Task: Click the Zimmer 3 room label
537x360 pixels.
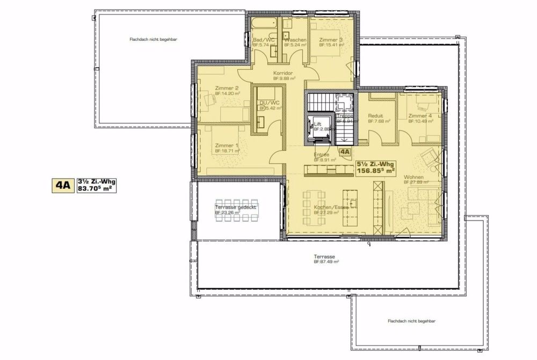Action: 331,40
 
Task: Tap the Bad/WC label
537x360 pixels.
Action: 264,40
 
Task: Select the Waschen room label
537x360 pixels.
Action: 295,40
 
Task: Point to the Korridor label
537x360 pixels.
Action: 282,73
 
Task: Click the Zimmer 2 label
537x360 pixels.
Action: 226,88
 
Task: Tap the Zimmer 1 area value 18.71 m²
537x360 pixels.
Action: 227,151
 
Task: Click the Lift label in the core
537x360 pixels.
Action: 317,123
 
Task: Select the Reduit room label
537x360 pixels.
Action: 375,116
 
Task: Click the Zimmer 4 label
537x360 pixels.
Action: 419,116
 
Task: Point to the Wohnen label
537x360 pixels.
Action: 414,178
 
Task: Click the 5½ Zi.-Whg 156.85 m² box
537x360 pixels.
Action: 375,168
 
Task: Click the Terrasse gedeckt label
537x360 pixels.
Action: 236,207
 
